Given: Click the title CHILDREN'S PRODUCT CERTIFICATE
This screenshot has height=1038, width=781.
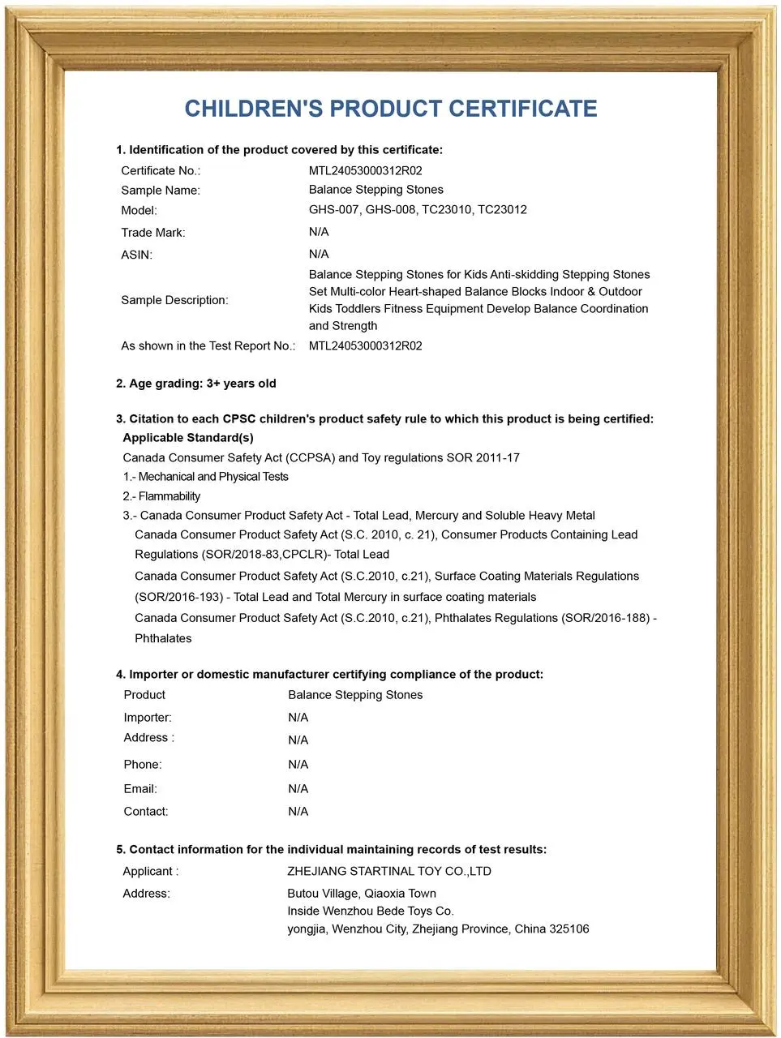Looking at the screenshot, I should pyautogui.click(x=390, y=109).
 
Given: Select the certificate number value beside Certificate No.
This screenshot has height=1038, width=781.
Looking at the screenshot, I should pyautogui.click(x=365, y=170).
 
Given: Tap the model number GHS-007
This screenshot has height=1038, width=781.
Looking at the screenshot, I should pyautogui.click(x=333, y=210).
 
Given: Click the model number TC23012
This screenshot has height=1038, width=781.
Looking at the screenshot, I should pyautogui.click(x=502, y=210).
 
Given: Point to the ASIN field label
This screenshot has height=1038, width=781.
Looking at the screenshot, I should pyautogui.click(x=136, y=255).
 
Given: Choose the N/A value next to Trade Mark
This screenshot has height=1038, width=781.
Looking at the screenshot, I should pyautogui.click(x=318, y=232).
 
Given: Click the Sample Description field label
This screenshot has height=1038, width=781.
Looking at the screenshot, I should pyautogui.click(x=174, y=300).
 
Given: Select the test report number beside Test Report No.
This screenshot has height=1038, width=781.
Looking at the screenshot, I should pyautogui.click(x=365, y=345).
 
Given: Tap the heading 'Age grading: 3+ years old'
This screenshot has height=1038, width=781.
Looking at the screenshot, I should pyautogui.click(x=196, y=384).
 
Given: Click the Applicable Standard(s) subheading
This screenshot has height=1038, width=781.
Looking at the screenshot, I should pyautogui.click(x=187, y=438).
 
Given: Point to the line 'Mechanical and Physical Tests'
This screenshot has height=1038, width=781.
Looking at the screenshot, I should pyautogui.click(x=212, y=477).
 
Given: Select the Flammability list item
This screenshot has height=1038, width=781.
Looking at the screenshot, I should pyautogui.click(x=169, y=496).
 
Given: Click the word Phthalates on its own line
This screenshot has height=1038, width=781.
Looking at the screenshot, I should pyautogui.click(x=163, y=638).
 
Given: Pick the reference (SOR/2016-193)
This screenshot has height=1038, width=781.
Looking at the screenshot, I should pyautogui.click(x=178, y=597).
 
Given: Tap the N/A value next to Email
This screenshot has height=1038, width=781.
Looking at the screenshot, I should pyautogui.click(x=298, y=789).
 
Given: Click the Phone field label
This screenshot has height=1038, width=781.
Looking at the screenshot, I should pyautogui.click(x=142, y=765).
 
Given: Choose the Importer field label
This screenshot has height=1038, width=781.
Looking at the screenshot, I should pyautogui.click(x=148, y=718).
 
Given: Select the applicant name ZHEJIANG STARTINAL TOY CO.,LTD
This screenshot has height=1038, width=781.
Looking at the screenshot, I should pyautogui.click(x=388, y=872).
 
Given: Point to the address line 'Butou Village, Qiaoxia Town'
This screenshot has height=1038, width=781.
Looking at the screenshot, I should pyautogui.click(x=361, y=894).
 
